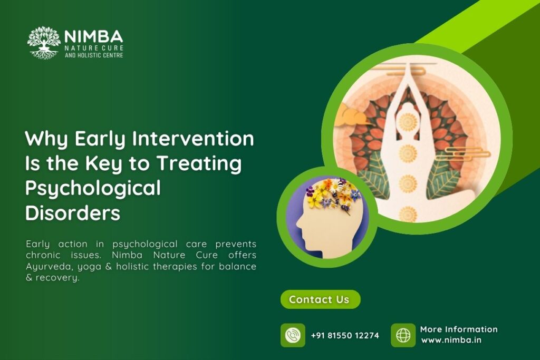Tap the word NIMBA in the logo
(x=93, y=36)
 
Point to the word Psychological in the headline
(x=93, y=189)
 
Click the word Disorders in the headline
(x=73, y=213)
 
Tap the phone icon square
(x=293, y=335)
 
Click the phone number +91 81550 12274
(x=345, y=335)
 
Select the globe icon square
(x=403, y=335)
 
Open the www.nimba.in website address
(x=451, y=340)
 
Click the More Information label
(x=459, y=329)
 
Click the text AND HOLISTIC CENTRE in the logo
(x=94, y=55)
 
